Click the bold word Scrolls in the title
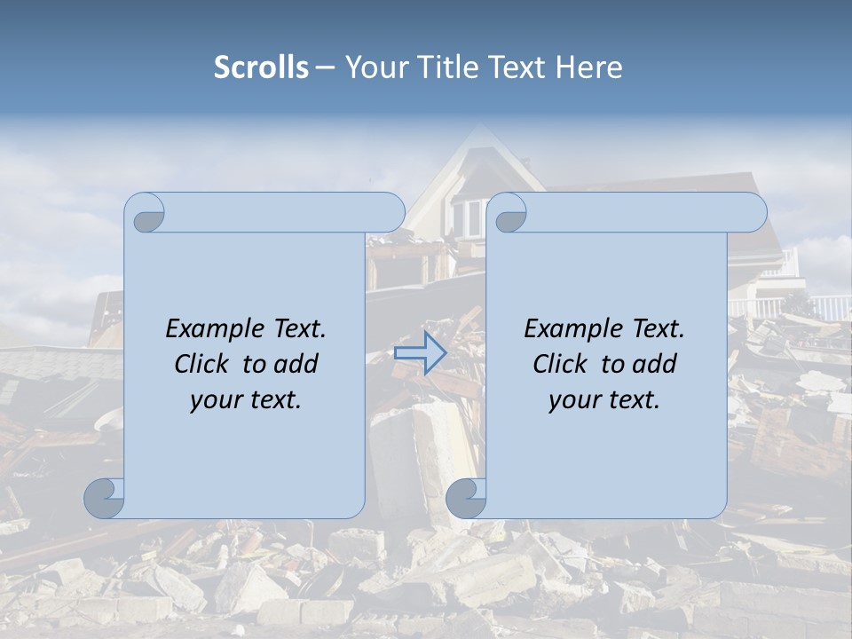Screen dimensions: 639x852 point(261,67)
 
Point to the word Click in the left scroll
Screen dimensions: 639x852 point(204,365)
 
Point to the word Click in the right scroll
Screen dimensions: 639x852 point(563,365)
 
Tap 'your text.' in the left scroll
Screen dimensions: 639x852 point(246,400)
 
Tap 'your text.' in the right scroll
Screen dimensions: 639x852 point(604,400)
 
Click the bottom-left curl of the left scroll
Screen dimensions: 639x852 point(103,498)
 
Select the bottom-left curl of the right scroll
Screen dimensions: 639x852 point(464,498)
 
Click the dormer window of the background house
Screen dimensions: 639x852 point(468,217)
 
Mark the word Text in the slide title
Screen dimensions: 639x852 point(516,67)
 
